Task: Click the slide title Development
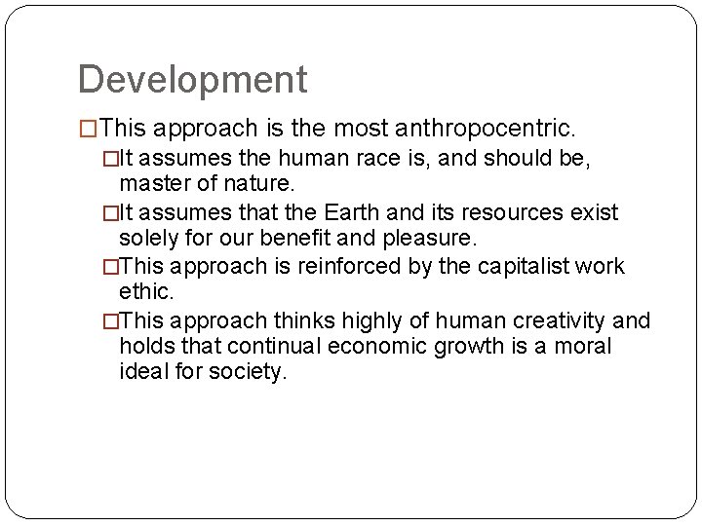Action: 192,79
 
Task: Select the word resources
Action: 509,212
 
